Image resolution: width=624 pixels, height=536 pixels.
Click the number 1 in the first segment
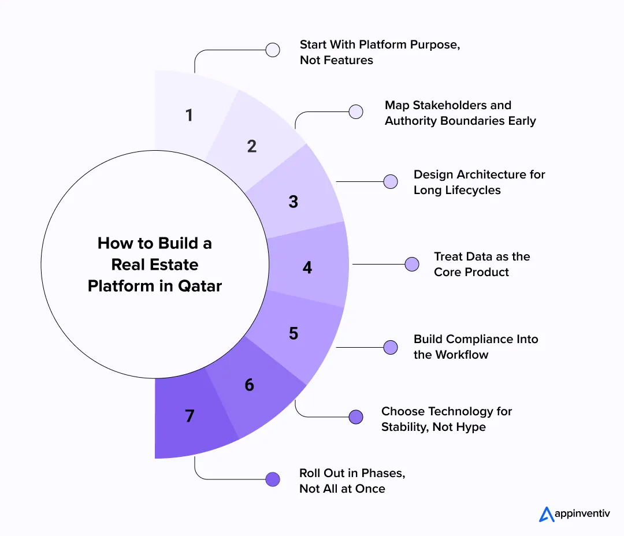click(189, 116)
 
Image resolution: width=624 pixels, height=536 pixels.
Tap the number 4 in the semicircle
click(307, 267)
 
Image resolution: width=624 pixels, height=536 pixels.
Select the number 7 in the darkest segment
click(190, 415)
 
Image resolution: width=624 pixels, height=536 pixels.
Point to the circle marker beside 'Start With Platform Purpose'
click(273, 50)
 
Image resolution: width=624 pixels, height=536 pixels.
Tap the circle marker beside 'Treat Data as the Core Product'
click(411, 264)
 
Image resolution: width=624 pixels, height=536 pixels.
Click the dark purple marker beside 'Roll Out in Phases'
click(273, 479)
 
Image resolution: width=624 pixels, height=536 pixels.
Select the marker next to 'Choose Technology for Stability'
click(356, 416)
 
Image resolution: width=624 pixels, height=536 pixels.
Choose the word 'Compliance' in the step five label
click(480, 339)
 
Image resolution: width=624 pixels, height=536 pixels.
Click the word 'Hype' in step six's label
click(470, 427)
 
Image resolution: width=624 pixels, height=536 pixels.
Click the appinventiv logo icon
click(547, 513)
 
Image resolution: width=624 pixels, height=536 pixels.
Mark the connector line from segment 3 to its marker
click(359, 181)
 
